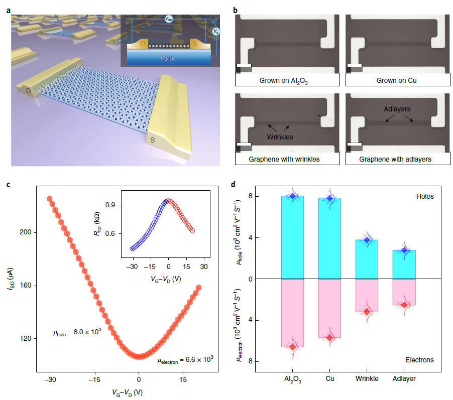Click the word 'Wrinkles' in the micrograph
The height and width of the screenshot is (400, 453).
pos(279,136)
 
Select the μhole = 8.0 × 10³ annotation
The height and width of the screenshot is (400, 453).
pos(77,333)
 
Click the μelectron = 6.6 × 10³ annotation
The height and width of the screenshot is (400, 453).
pos(185,359)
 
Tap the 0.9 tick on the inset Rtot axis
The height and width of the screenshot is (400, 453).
pos(111,205)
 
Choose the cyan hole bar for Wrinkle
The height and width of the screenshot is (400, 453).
pos(367,259)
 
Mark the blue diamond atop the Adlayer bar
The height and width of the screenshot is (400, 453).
pos(404,250)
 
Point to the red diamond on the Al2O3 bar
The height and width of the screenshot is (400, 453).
pos(292,347)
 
